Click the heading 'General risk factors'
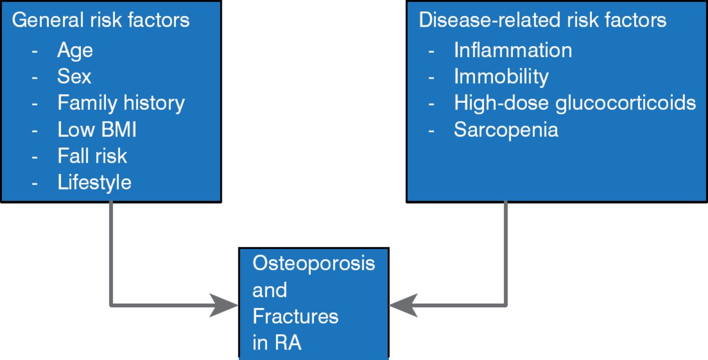pyautogui.click(x=101, y=20)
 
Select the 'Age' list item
pyautogui.click(x=75, y=50)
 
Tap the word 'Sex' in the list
pyautogui.click(x=74, y=76)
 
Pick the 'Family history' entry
pyautogui.click(x=121, y=103)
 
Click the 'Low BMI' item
pyautogui.click(x=97, y=129)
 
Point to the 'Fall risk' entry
pyautogui.click(x=92, y=156)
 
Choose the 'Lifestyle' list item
pyautogui.click(x=94, y=182)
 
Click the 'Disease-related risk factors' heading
pyautogui.click(x=542, y=20)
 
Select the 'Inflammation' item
pyautogui.click(x=513, y=50)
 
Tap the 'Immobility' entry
pyautogui.click(x=501, y=76)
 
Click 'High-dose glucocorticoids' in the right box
pyautogui.click(x=575, y=103)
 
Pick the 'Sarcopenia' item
pyautogui.click(x=506, y=129)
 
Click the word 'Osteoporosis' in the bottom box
pyautogui.click(x=314, y=263)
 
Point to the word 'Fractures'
pyautogui.click(x=295, y=316)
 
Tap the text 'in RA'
pyautogui.click(x=277, y=343)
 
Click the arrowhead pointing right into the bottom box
pyautogui.click(x=223, y=305)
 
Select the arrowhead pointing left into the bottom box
pyautogui.click(x=404, y=305)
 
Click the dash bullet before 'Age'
pyautogui.click(x=35, y=51)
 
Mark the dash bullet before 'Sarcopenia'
pyautogui.click(x=431, y=130)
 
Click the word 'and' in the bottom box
pyautogui.click(x=270, y=290)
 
